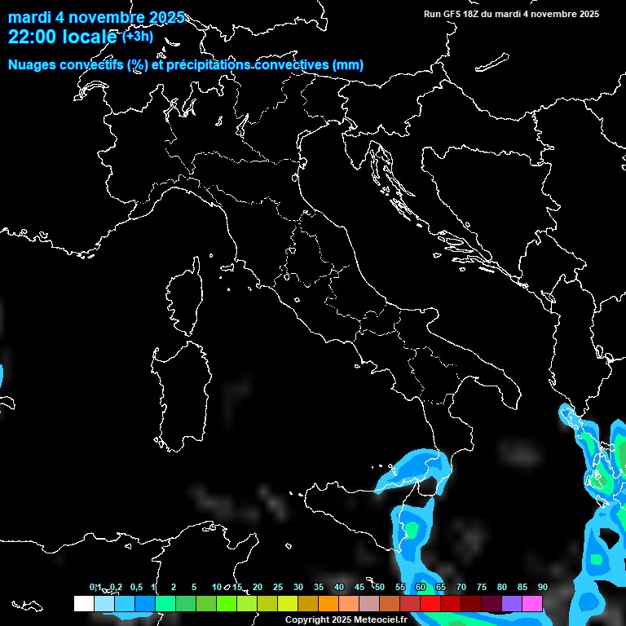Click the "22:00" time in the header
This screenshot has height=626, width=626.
point(30,37)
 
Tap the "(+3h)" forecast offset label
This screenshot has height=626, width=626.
point(138,37)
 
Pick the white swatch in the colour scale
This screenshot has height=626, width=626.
point(83,603)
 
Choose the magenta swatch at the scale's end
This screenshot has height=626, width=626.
point(532,603)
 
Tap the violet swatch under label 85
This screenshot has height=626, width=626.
point(512,603)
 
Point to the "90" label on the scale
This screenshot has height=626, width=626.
point(542,588)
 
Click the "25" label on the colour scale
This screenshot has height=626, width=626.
point(277,588)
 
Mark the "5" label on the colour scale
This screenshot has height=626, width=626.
point(194,588)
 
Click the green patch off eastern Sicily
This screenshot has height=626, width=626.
point(412,530)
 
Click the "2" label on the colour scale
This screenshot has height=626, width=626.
point(174,588)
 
